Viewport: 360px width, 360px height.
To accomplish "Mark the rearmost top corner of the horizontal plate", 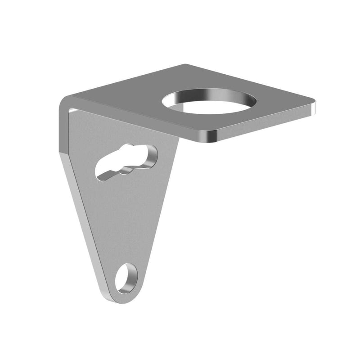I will point(186,65).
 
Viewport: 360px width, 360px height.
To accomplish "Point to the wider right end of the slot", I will point(148,155).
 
